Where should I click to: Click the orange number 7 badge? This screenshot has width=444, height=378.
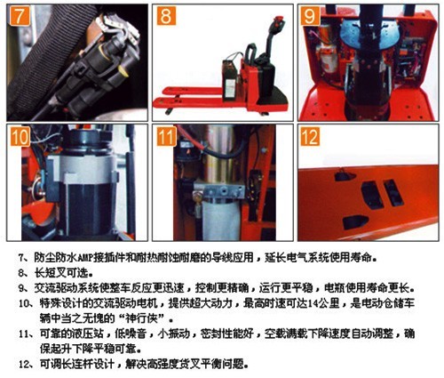click(x=20, y=16)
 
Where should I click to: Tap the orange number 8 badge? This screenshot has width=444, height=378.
click(x=166, y=16)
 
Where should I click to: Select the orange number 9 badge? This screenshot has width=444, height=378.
click(x=310, y=16)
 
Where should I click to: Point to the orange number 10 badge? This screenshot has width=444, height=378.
click(x=20, y=136)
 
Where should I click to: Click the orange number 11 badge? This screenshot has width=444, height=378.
click(x=166, y=136)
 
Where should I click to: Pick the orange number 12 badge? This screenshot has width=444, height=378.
click(x=310, y=136)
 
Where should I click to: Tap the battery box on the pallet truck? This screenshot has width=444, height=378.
click(x=230, y=80)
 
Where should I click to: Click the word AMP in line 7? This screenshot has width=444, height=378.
click(x=85, y=258)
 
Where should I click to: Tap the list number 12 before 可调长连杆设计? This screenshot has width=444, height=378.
click(x=24, y=365)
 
